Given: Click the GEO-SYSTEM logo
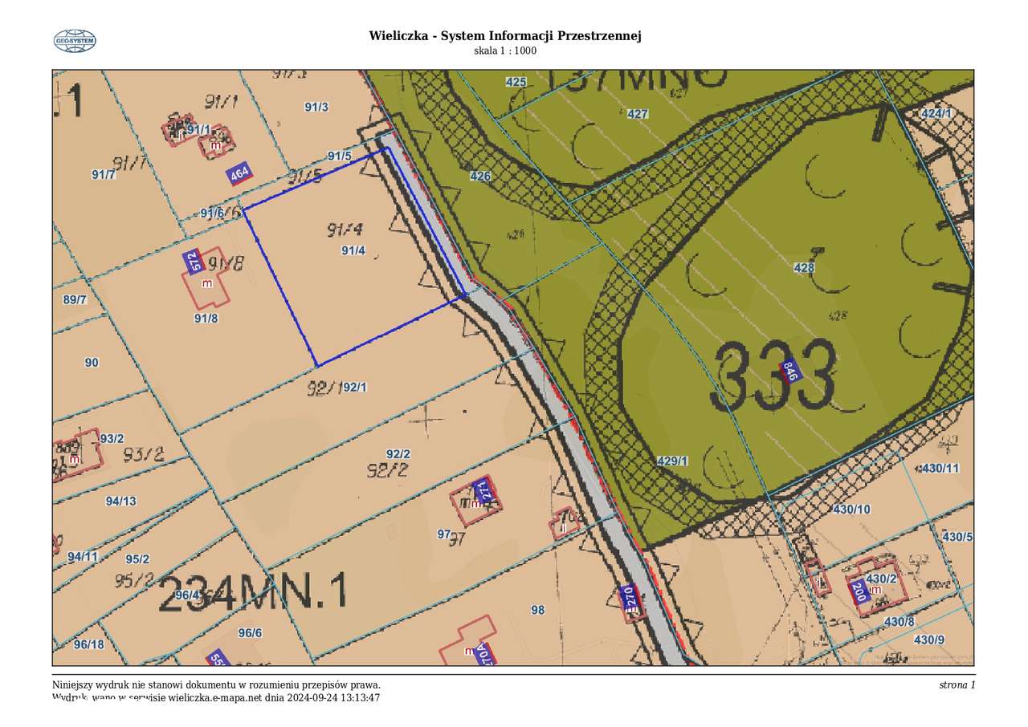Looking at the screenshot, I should point(75,41).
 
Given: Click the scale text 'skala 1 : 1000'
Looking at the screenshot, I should point(504,51).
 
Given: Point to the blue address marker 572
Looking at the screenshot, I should point(192,262).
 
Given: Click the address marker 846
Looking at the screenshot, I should point(790,372).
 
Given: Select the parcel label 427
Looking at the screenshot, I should point(638,114).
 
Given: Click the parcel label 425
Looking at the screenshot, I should point(516,82).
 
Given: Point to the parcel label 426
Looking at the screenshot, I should point(480,176).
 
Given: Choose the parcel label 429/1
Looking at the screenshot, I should point(673,461).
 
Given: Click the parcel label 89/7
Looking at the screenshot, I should point(74,300).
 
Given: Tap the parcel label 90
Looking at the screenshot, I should point(92,363).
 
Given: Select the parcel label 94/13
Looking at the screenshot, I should point(121,502).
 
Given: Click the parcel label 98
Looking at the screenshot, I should point(538,610).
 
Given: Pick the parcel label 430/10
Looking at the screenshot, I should point(852,510).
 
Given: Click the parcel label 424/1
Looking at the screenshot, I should point(936,113).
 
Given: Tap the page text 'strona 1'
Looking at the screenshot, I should point(957,685).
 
